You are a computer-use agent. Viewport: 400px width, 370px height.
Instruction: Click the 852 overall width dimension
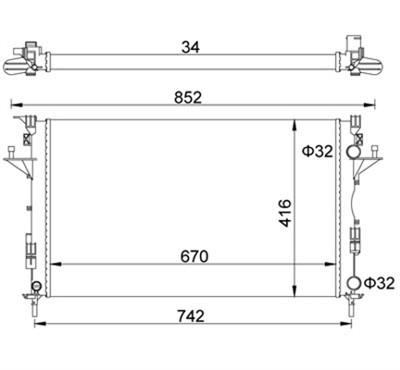point(188,98)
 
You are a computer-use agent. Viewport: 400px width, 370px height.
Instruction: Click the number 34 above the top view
point(191,47)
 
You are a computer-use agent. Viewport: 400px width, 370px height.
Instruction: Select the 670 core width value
point(194,256)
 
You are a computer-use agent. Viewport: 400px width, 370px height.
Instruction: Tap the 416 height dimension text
point(285,213)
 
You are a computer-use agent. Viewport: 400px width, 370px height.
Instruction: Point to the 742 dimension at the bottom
point(191,316)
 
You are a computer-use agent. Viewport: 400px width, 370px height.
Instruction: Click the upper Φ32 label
point(318,151)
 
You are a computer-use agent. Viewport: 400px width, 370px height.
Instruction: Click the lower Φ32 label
point(380,283)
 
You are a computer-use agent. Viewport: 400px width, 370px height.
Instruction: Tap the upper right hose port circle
point(353,152)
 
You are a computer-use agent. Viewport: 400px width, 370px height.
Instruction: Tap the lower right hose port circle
point(354,283)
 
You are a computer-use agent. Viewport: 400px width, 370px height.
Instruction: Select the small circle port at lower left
point(36,286)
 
